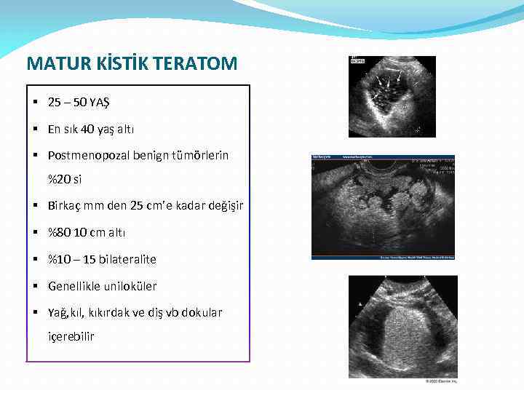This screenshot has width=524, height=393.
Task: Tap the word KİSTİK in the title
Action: pos(119,64)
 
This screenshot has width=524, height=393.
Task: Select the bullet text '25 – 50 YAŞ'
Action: pos(79,103)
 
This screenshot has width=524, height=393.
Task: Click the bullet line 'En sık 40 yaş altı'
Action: pos(90,129)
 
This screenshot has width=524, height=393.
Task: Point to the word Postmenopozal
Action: pos(85,155)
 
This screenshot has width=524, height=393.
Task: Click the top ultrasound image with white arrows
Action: pos(392,96)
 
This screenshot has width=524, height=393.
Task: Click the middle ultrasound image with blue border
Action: pos(383,207)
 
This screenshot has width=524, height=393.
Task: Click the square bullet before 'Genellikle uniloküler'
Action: pos(35,286)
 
